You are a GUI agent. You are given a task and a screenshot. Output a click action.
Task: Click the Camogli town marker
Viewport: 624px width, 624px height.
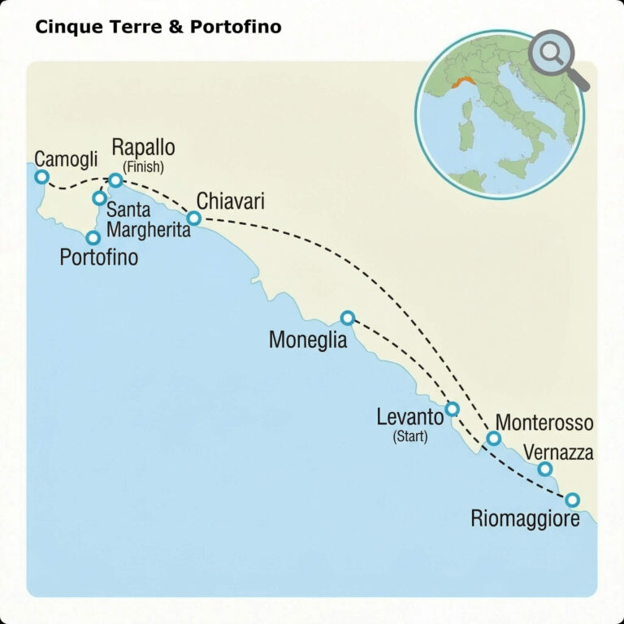click(41, 176)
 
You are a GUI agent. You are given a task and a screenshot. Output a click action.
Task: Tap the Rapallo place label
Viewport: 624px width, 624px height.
click(143, 149)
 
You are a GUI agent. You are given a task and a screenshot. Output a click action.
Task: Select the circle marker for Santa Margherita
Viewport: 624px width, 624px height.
click(99, 197)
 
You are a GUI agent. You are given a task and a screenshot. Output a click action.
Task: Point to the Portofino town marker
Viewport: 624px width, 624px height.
click(93, 238)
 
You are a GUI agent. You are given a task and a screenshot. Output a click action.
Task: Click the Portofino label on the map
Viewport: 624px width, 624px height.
click(99, 258)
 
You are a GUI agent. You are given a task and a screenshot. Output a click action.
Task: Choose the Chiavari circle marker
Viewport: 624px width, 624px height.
click(194, 218)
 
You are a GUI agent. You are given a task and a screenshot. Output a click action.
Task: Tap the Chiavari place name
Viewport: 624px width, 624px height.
click(231, 200)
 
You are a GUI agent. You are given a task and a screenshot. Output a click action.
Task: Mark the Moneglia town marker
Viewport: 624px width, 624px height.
click(348, 318)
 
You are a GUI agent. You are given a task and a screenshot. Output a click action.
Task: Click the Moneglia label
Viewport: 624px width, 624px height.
click(308, 340)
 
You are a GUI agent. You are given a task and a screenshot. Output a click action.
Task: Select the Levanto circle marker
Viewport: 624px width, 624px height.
click(453, 409)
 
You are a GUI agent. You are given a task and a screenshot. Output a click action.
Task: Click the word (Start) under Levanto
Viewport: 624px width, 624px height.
click(410, 437)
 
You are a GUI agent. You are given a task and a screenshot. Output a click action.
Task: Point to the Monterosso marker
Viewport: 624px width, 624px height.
click(493, 439)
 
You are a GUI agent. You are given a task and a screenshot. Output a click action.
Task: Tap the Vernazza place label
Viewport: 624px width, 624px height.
click(558, 452)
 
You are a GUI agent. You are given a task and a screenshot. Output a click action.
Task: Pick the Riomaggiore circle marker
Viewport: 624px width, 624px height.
click(572, 500)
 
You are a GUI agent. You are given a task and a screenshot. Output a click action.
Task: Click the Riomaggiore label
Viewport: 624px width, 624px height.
click(526, 518)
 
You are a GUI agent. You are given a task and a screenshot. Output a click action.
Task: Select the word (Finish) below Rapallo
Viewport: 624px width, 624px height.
click(143, 167)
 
